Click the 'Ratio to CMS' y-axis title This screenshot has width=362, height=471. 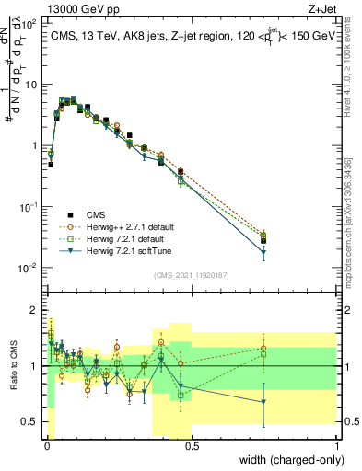click(x=14, y=366)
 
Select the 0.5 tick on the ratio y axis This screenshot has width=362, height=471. click(x=29, y=421)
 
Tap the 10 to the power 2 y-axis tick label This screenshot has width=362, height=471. click(x=29, y=24)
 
